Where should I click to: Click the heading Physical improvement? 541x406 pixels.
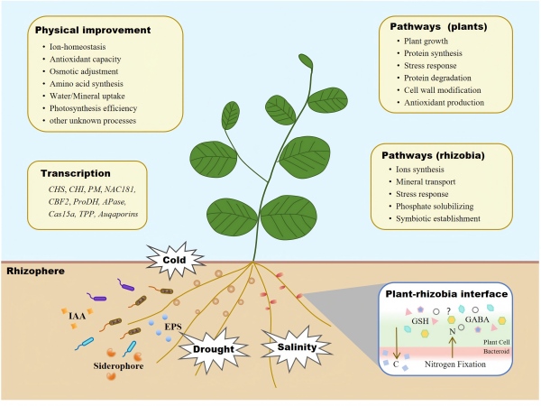98,30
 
